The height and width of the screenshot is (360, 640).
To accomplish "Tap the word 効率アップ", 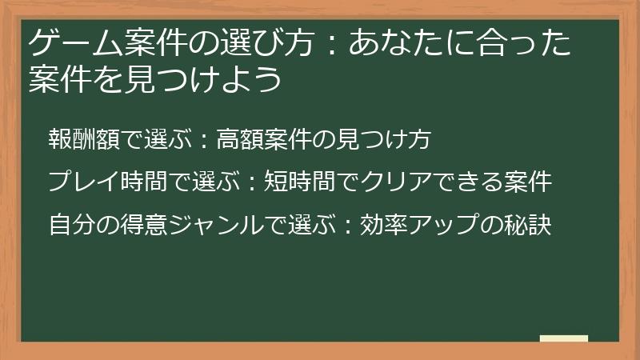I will [416, 224].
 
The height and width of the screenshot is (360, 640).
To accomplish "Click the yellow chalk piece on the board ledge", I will [563, 338].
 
